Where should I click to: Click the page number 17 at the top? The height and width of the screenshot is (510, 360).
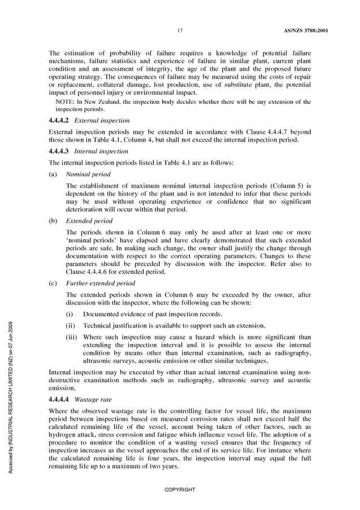[x=179, y=29]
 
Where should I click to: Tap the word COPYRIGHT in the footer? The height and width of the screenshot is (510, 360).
[x=179, y=489]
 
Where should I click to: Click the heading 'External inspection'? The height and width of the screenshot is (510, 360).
[x=102, y=120]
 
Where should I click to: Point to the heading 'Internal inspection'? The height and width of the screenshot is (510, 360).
[x=101, y=151]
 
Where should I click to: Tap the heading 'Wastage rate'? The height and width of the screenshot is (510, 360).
[x=94, y=399]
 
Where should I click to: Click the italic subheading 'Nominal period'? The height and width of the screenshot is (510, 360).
[x=88, y=174]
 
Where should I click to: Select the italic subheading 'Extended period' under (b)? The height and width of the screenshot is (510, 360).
[x=89, y=221]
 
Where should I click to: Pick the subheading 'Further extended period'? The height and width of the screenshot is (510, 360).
[x=100, y=283]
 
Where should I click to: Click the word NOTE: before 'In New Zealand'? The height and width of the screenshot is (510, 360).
[x=65, y=102]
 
